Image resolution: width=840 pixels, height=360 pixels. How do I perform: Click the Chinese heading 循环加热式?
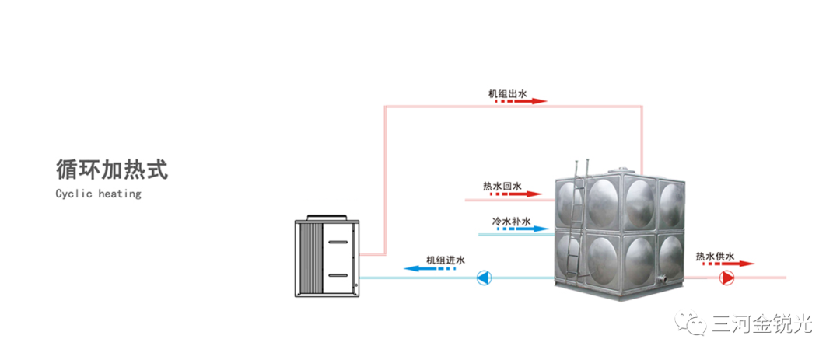112,169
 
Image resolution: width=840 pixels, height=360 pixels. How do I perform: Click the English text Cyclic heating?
98,194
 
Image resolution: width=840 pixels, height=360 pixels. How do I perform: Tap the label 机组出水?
508,94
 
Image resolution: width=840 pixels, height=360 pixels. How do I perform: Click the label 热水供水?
715,256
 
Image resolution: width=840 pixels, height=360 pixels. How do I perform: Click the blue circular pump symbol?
484,278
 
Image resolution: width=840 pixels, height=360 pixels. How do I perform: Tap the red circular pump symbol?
727,278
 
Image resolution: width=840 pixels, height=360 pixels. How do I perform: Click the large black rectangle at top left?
117,75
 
